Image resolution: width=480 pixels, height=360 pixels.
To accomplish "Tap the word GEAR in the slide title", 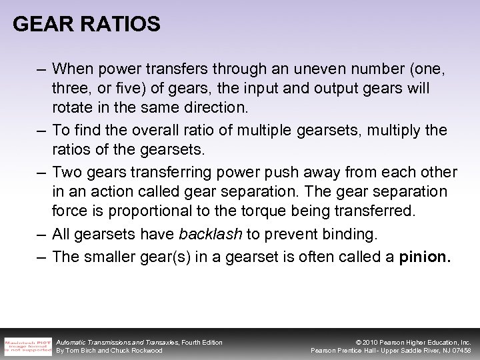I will click(x=44, y=25).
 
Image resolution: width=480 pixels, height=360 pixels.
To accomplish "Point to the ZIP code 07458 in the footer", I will click(x=460, y=351).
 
